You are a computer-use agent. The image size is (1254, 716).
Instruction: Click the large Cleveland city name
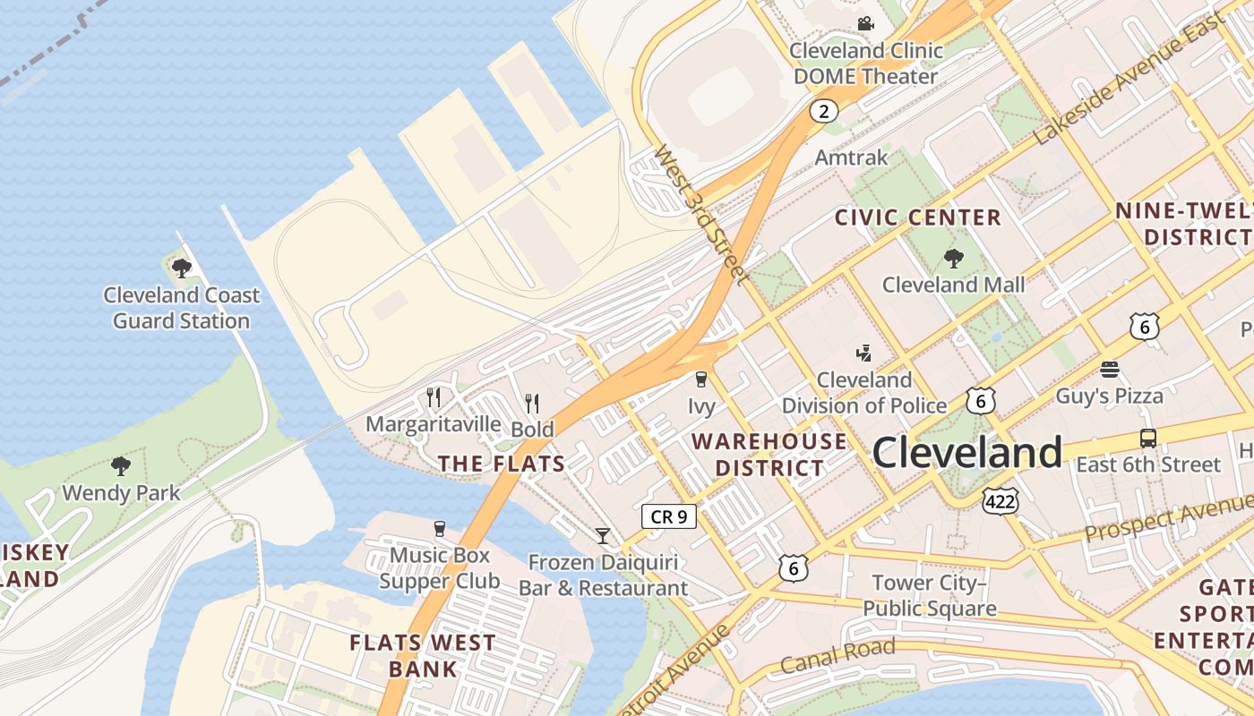click(x=966, y=453)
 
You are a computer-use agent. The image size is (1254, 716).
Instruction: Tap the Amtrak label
click(x=851, y=158)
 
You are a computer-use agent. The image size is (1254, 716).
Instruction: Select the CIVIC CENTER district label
click(x=917, y=217)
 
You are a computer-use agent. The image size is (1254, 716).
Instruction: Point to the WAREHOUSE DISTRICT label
click(x=769, y=454)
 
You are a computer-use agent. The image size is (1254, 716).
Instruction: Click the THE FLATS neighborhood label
click(x=501, y=464)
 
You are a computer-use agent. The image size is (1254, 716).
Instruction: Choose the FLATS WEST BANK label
click(x=423, y=655)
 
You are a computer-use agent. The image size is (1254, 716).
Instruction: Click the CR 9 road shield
click(x=669, y=516)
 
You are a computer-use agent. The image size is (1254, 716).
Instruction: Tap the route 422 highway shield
click(x=1000, y=501)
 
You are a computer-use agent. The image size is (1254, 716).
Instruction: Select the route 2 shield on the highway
click(x=823, y=111)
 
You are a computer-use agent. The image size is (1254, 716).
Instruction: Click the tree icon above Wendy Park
click(x=120, y=466)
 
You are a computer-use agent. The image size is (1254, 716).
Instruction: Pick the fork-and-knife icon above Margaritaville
click(x=434, y=396)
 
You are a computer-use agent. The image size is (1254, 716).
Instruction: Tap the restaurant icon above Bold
click(x=532, y=404)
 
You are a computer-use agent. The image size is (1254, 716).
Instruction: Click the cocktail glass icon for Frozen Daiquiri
click(x=603, y=536)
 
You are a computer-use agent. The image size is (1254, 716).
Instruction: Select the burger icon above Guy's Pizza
click(x=1109, y=370)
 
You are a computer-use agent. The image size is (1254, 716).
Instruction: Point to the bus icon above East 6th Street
click(x=1147, y=439)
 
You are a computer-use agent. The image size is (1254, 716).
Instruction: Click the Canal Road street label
click(x=837, y=656)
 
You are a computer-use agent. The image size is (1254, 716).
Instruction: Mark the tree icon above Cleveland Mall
click(x=953, y=259)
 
